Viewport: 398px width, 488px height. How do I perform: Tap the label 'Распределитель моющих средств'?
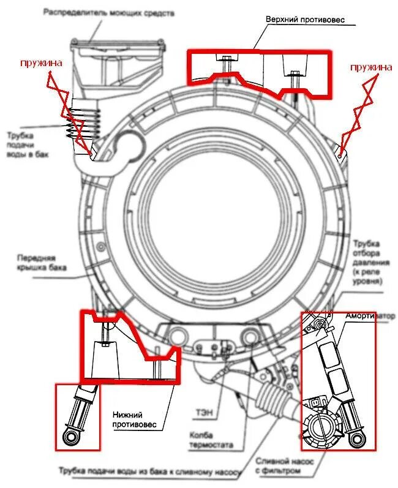(x=100, y=12)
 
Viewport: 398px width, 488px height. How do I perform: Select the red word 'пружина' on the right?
(x=371, y=67)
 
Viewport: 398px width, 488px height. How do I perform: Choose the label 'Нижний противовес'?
(x=135, y=419)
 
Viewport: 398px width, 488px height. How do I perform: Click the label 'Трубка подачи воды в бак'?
(x=28, y=145)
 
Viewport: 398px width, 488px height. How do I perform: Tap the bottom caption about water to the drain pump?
(x=150, y=471)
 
